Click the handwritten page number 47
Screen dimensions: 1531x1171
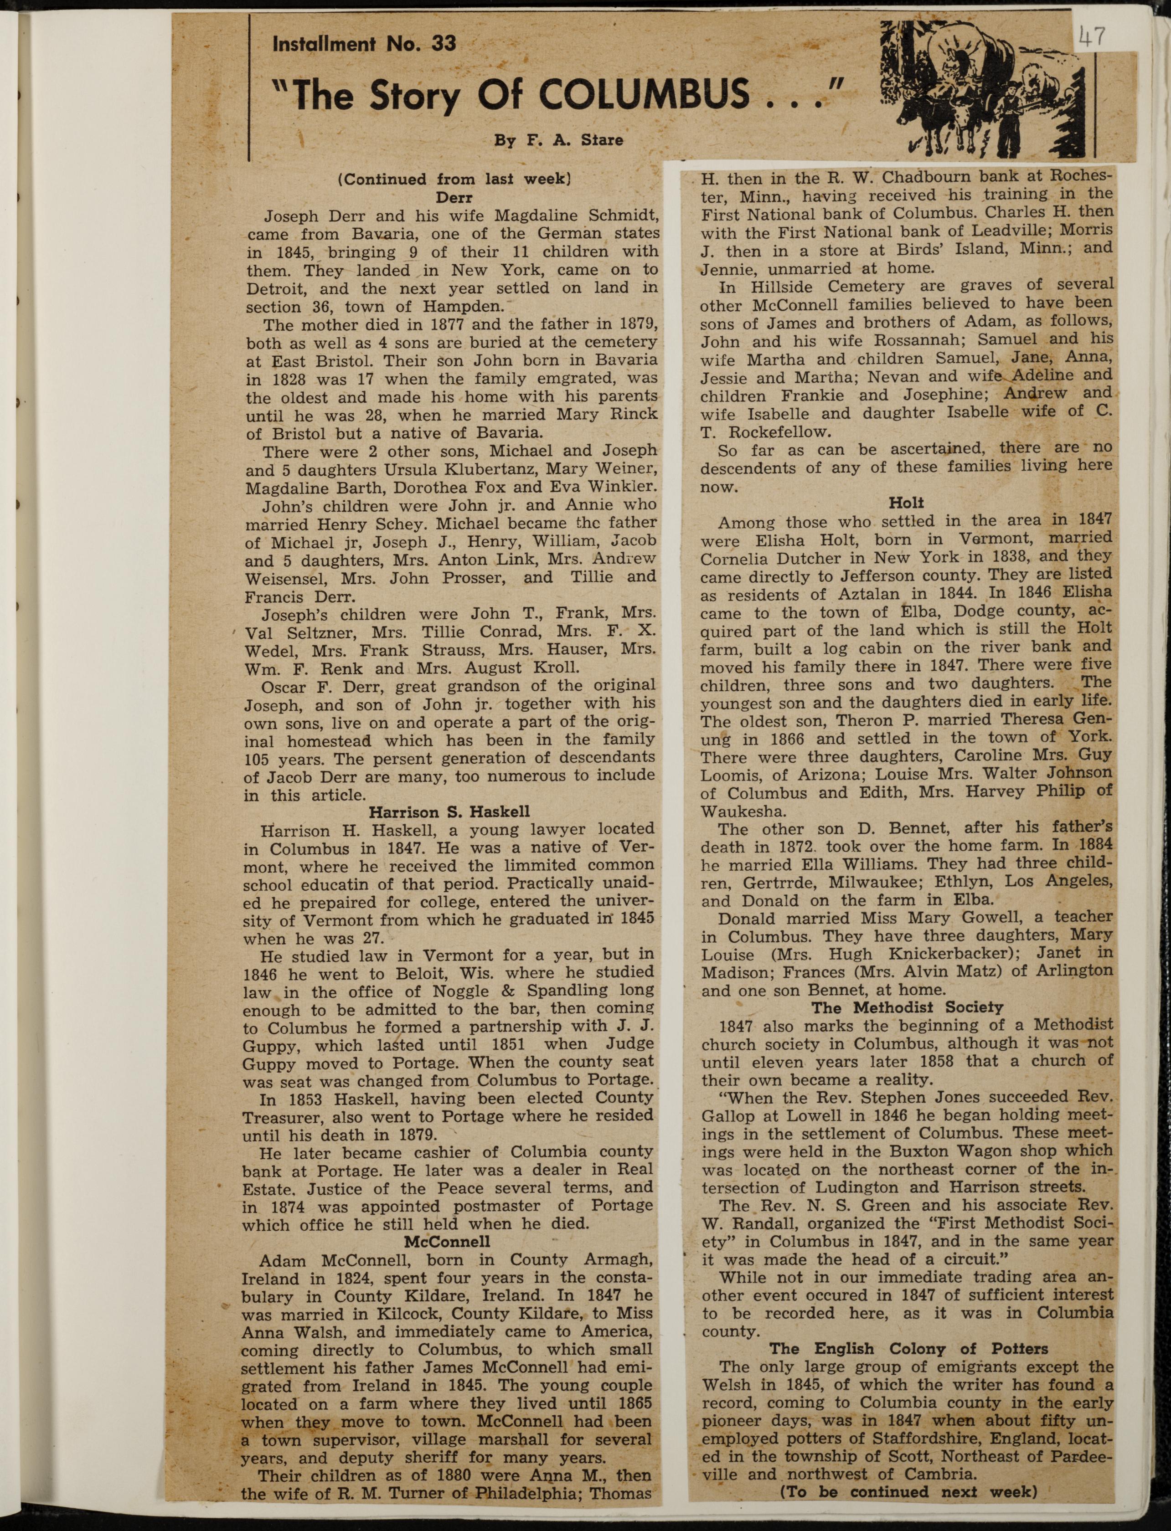[x=1091, y=36]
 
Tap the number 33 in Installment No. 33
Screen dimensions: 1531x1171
[x=444, y=44]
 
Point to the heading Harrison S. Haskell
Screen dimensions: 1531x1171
[x=449, y=812]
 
